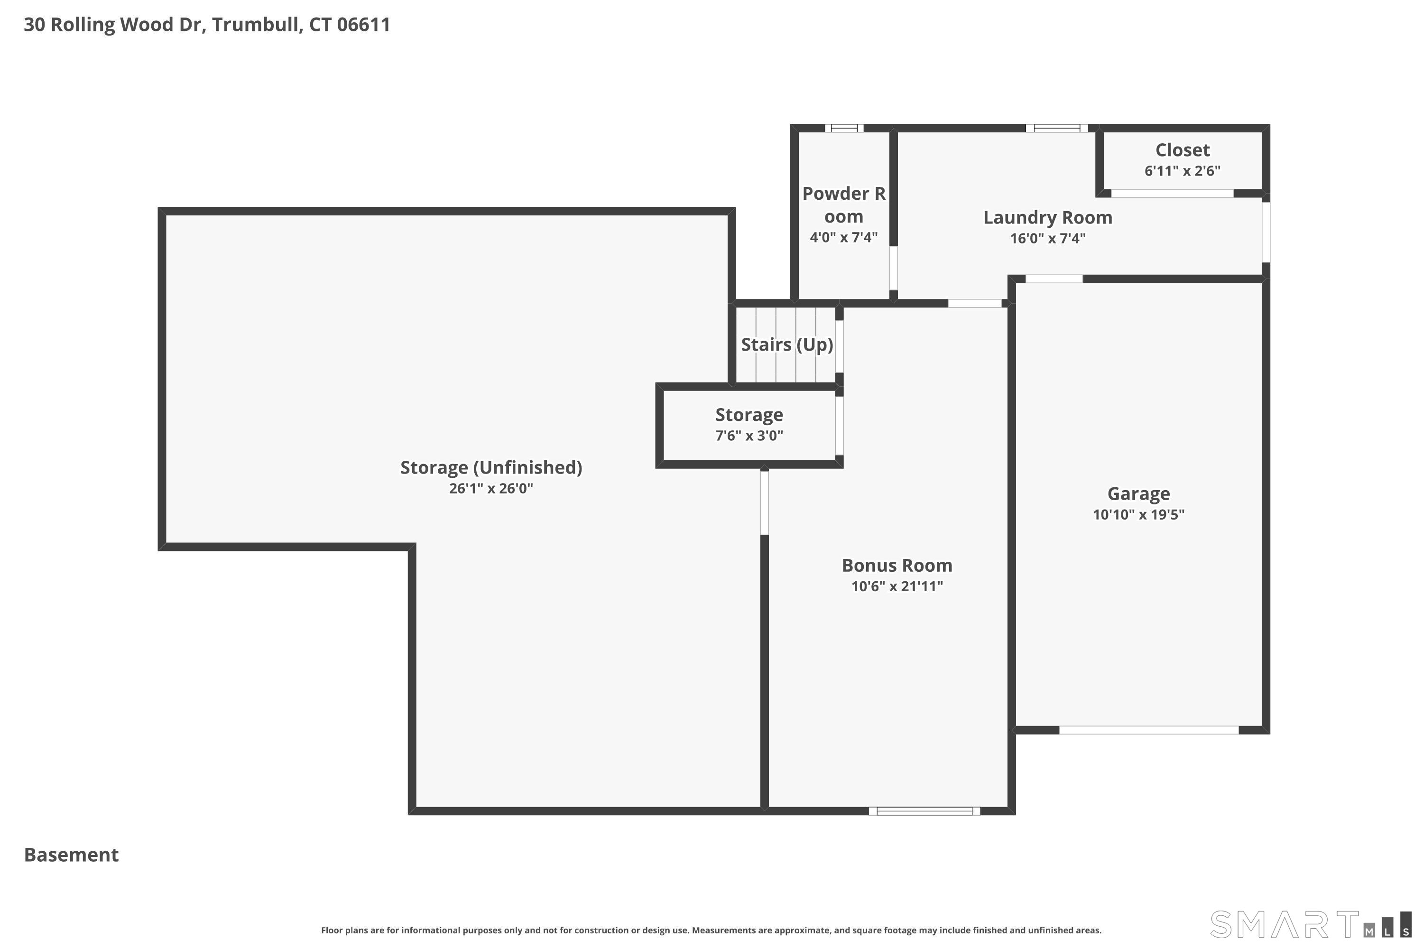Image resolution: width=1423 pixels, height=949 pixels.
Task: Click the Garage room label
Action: [1138, 494]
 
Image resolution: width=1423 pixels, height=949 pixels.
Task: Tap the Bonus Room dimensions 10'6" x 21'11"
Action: [896, 586]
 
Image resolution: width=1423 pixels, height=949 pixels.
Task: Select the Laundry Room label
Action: [1047, 217]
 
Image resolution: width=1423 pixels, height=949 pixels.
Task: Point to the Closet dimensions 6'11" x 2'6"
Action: [1182, 171]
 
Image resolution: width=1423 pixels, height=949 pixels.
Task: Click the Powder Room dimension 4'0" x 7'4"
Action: [843, 237]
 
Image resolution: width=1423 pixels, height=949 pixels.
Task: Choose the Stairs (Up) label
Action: [786, 344]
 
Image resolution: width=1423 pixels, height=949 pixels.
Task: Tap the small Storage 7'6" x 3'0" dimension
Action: [749, 436]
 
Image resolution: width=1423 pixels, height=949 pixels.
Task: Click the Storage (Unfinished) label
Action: [490, 467]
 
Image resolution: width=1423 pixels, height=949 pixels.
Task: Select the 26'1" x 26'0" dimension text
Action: [490, 488]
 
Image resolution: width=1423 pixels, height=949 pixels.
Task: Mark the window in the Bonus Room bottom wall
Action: [924, 811]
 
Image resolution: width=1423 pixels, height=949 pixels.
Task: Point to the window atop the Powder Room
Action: [844, 128]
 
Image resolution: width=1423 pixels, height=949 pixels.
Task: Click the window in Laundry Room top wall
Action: [1056, 128]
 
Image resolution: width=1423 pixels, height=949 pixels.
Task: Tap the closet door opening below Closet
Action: [1172, 194]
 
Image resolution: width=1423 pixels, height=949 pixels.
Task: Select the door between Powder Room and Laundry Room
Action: [893, 268]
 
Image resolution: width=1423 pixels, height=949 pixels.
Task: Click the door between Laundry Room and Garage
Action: [1053, 279]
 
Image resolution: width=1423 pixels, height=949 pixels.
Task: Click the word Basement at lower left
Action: [72, 855]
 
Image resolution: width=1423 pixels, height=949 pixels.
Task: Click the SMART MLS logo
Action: [1310, 924]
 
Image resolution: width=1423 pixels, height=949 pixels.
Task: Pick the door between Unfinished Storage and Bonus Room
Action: [764, 503]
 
